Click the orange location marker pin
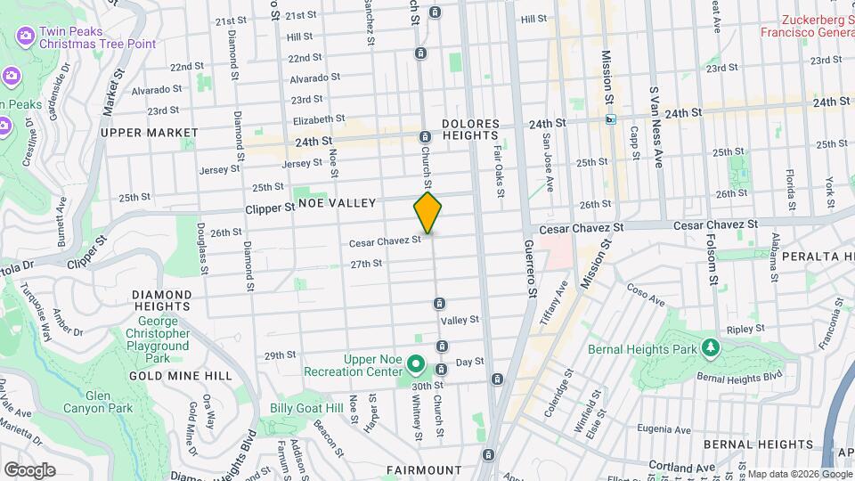(427, 213)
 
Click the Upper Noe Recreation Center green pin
(415, 363)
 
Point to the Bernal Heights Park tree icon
(710, 346)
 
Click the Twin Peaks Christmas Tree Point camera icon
(25, 37)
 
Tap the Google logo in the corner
(29, 469)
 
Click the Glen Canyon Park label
(110, 402)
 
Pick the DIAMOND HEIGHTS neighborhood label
(161, 301)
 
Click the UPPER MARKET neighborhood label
(150, 133)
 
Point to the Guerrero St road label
(530, 268)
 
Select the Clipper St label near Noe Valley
(271, 208)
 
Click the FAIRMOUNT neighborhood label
(424, 469)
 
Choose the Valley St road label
(460, 319)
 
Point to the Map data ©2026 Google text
(800, 474)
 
